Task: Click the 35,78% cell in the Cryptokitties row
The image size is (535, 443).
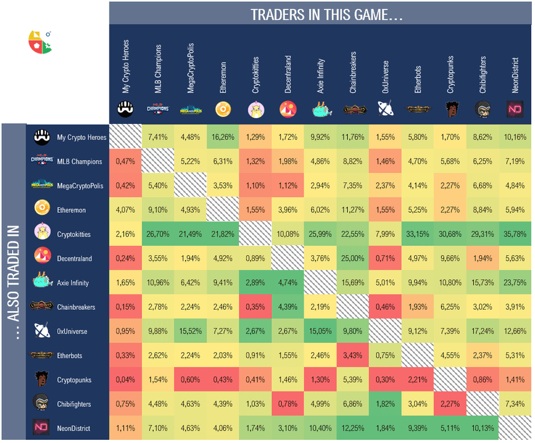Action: point(515,234)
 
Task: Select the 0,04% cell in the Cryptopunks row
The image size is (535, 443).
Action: point(126,380)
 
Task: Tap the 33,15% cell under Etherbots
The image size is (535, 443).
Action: point(417,234)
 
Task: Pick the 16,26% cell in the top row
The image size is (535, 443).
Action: point(223,137)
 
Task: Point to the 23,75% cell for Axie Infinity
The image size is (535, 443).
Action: point(515,282)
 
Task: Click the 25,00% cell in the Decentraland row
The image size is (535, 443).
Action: point(353,258)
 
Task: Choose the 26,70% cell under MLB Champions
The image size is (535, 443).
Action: point(158,234)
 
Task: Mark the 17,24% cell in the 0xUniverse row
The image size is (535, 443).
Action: point(483,331)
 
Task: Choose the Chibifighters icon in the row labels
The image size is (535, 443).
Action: point(41,403)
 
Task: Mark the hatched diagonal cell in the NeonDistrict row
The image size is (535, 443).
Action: point(515,428)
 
